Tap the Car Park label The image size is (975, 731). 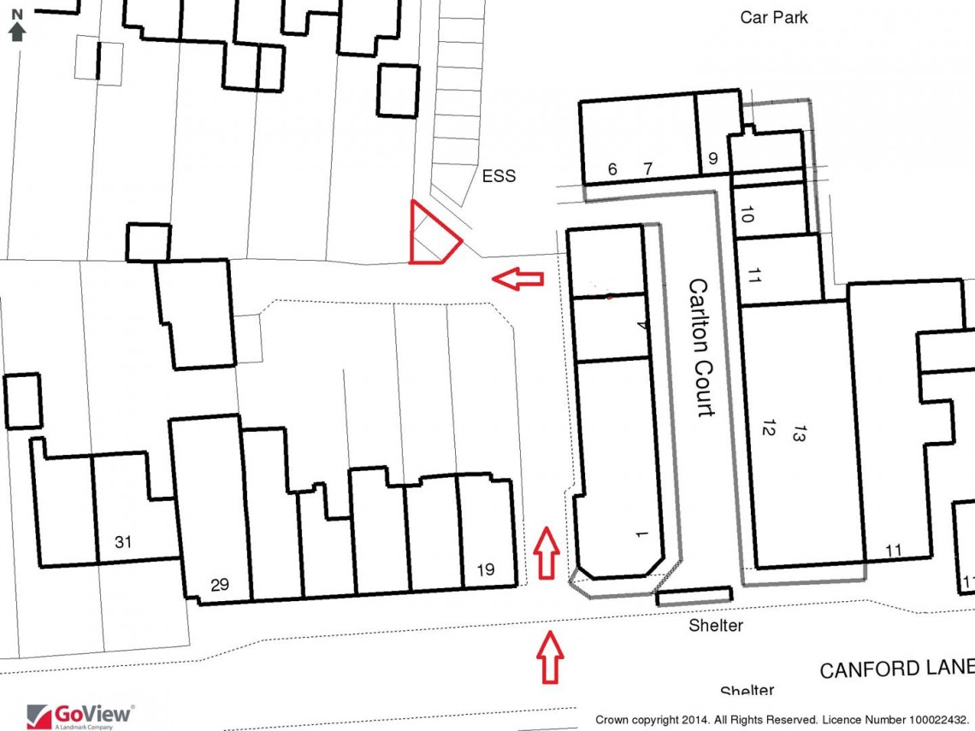point(774,17)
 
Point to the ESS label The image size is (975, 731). point(499,176)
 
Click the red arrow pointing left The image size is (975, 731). point(518,278)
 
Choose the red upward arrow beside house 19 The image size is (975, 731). point(547,554)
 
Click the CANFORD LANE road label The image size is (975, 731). point(896,668)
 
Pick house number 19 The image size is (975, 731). point(486,570)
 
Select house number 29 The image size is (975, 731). point(220,585)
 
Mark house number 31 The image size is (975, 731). point(123,541)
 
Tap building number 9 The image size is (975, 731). point(713,158)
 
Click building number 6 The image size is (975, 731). point(612,169)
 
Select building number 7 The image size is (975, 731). point(647,169)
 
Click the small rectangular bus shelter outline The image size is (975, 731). point(694,596)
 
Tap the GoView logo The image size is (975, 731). point(80,715)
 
